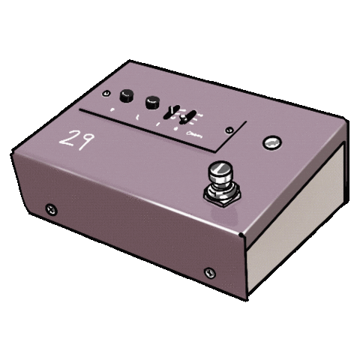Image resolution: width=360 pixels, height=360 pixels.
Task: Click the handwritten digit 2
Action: tap(67, 140)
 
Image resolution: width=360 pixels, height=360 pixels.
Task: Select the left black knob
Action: tap(126, 95)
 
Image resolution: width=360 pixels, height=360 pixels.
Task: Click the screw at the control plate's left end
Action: tap(106, 93)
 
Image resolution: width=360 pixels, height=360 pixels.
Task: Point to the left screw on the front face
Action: tap(51, 208)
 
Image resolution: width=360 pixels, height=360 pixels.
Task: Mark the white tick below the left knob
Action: tap(112, 110)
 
